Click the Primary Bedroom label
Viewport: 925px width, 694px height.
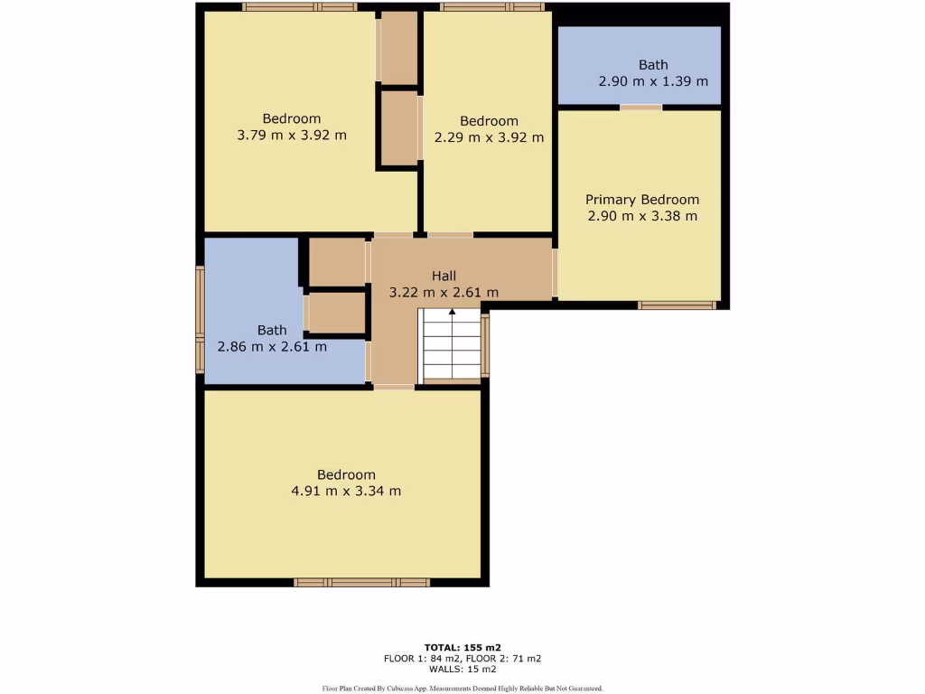pyautogui.click(x=641, y=200)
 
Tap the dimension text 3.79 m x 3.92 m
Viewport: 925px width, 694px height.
pyautogui.click(x=292, y=136)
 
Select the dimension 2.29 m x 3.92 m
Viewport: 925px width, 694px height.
pyautogui.click(x=489, y=137)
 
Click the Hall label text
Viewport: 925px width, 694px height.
pyautogui.click(x=444, y=276)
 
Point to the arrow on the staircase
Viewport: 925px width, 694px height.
pyautogui.click(x=452, y=314)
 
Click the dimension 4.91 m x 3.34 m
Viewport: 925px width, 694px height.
pyautogui.click(x=346, y=491)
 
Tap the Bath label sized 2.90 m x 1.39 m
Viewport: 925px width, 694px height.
pyautogui.click(x=653, y=65)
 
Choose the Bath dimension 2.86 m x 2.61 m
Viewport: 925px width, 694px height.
pyautogui.click(x=272, y=346)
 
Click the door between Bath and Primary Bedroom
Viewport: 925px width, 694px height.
pyautogui.click(x=640, y=108)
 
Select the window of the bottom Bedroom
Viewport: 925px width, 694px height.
pyautogui.click(x=361, y=583)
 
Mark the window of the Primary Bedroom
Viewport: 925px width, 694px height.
pyautogui.click(x=677, y=305)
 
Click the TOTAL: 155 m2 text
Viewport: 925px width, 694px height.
pyautogui.click(x=462, y=647)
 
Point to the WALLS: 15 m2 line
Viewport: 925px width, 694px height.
pyautogui.click(x=462, y=669)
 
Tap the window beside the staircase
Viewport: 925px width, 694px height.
pyautogui.click(x=485, y=345)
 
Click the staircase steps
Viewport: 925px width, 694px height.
pyautogui.click(x=452, y=348)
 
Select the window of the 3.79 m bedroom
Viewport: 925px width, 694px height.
pyautogui.click(x=299, y=7)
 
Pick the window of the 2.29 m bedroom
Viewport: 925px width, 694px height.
pyautogui.click(x=492, y=7)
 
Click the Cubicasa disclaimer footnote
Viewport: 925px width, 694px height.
pyautogui.click(x=462, y=688)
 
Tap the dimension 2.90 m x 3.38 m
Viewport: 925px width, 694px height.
pyautogui.click(x=641, y=216)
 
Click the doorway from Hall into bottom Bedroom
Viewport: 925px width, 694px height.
pyautogui.click(x=394, y=387)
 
